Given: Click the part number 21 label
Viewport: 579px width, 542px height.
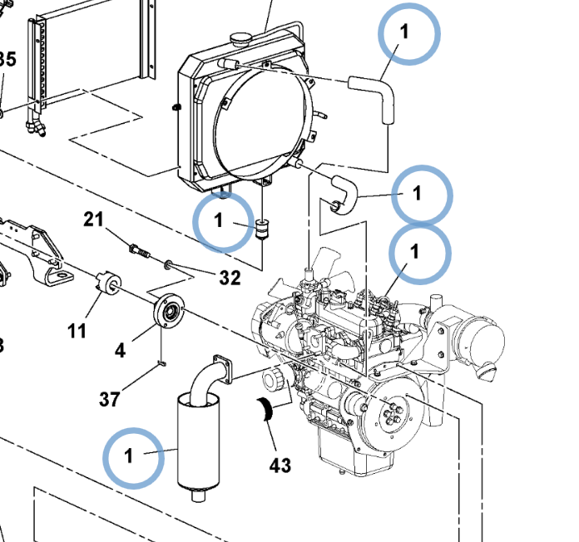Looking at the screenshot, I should (93, 219).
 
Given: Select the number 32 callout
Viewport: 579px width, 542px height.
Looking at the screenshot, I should (229, 278).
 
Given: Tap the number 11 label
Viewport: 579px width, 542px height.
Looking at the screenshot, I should (77, 331).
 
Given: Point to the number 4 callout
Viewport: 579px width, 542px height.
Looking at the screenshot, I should (121, 350).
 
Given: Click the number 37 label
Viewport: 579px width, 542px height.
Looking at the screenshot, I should (110, 400).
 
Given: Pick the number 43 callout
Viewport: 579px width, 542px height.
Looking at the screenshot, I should (280, 465).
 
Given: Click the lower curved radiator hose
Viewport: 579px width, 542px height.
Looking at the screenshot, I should (343, 191).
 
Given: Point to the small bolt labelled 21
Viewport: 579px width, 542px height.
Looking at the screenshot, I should (140, 249).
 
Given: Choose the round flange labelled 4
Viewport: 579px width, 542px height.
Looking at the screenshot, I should (168, 313).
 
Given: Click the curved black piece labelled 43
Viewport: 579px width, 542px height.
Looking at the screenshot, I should (267, 410).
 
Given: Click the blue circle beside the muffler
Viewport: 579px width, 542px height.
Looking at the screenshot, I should (134, 456).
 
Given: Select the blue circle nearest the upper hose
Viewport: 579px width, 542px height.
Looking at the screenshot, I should (408, 33).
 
